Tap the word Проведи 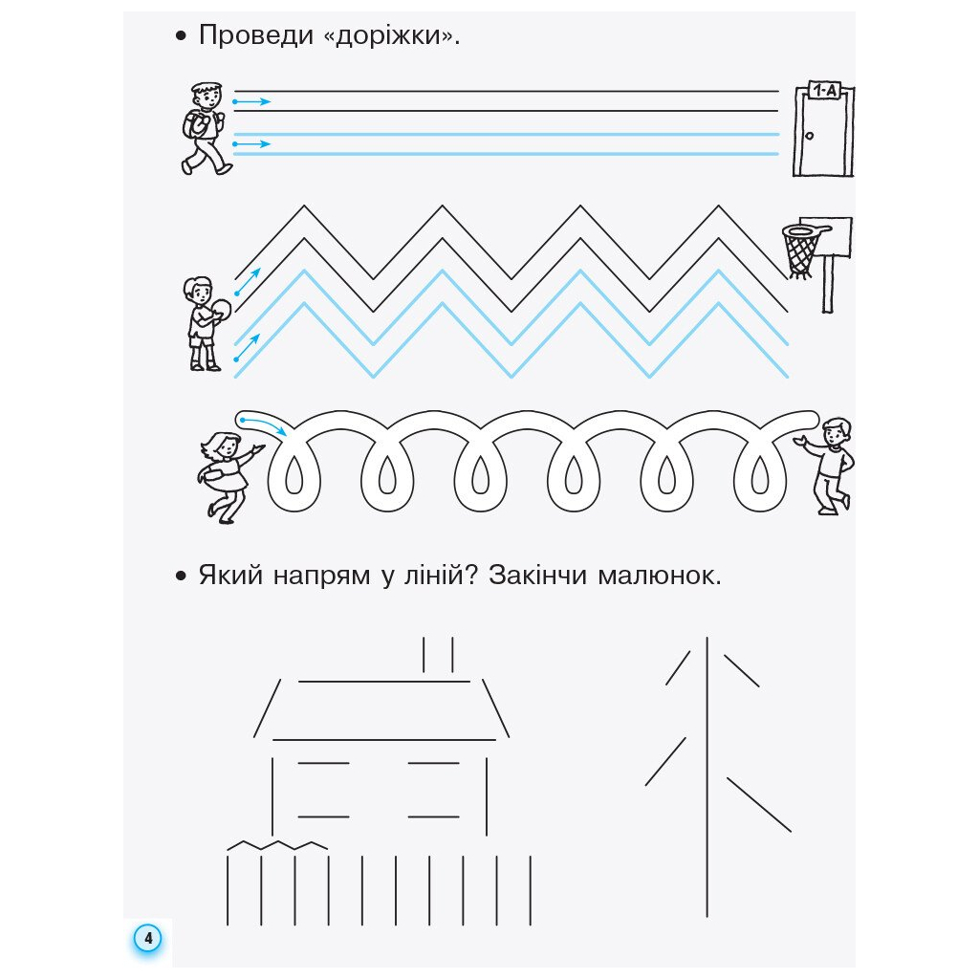255,37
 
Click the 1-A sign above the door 823,91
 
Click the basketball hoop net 801,250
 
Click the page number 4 148,938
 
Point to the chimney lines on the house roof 438,656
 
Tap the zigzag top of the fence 277,845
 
